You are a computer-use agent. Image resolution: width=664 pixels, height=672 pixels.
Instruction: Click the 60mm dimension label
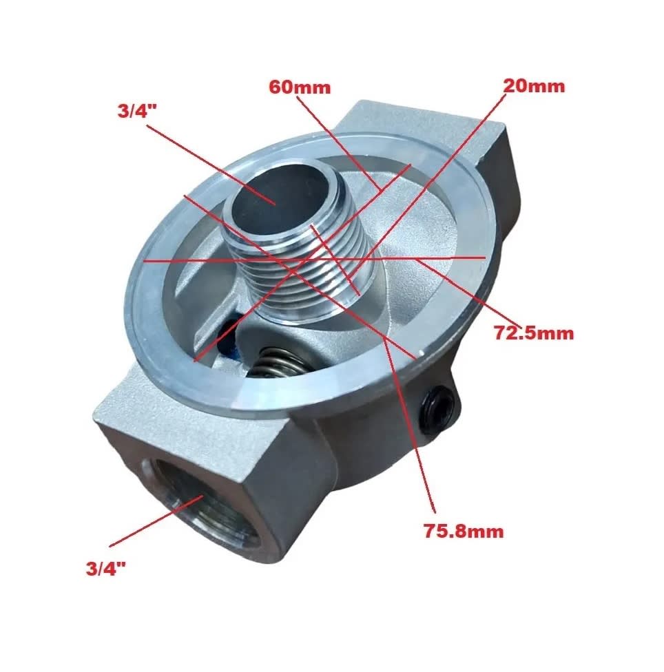pyautogui.click(x=300, y=87)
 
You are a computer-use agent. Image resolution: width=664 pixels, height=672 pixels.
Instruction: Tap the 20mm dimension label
pyautogui.click(x=534, y=86)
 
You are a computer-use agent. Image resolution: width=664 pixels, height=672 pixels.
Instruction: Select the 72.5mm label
pyautogui.click(x=534, y=333)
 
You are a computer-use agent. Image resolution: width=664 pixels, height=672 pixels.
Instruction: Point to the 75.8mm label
pyautogui.click(x=464, y=531)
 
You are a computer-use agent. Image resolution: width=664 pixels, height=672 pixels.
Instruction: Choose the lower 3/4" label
pyautogui.click(x=106, y=569)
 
